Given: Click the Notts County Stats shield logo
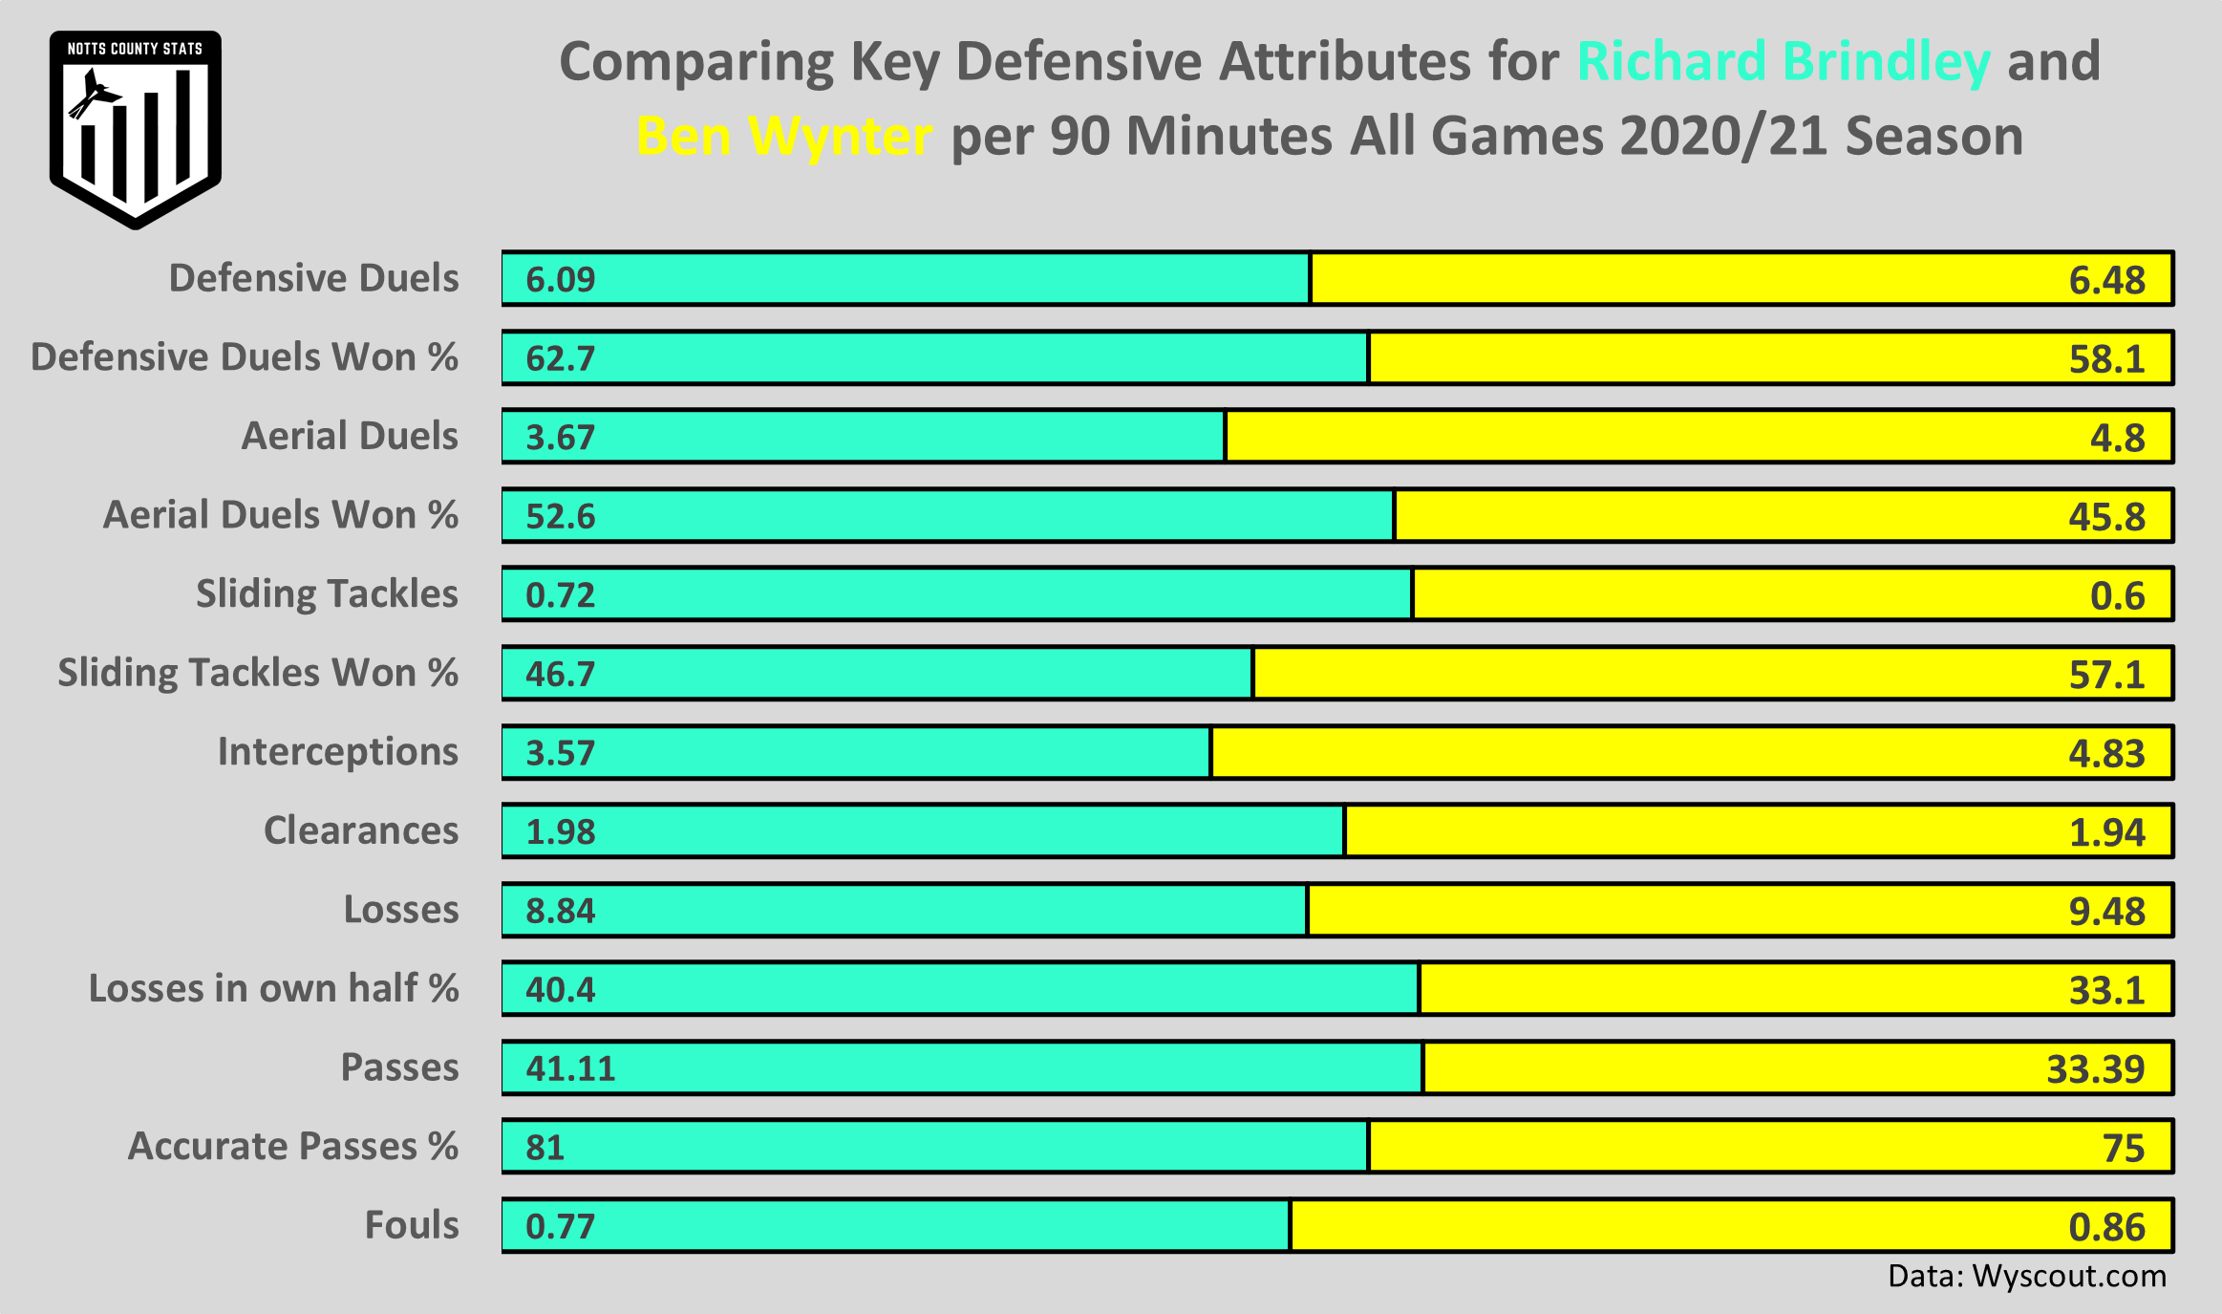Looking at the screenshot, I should click(135, 129).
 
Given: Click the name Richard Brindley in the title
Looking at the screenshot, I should click(1783, 61).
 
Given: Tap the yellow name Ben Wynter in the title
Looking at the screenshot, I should click(783, 136).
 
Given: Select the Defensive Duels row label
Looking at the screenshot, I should click(313, 278).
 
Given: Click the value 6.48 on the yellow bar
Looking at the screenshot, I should click(2106, 280).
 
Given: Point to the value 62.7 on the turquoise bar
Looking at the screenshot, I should click(561, 358).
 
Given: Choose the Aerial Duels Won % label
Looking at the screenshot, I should click(280, 515).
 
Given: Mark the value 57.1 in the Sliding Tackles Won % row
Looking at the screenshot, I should click(2106, 675).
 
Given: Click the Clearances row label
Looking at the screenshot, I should click(360, 830).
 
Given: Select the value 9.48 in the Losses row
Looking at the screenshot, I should click(2106, 911).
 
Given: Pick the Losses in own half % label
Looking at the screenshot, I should click(273, 988).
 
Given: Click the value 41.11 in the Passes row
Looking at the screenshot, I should click(570, 1067).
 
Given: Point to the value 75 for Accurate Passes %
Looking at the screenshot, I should click(2123, 1148).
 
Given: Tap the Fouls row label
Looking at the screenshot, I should click(411, 1225).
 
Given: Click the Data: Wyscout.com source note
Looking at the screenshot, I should click(2026, 1277).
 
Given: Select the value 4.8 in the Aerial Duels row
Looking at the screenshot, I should click(2117, 438).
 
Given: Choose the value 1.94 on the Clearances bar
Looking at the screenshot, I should click(2106, 832).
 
